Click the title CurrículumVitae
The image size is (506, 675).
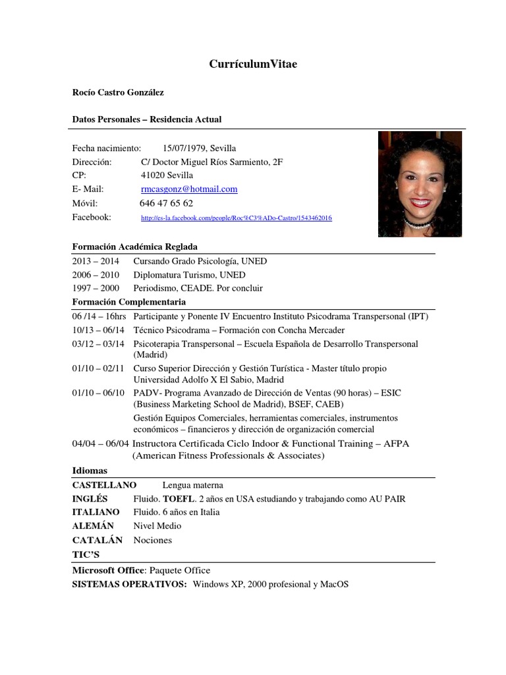coord(253,64)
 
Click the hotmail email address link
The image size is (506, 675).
coord(189,189)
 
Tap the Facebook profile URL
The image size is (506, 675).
coord(237,218)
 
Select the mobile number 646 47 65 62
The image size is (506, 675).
coord(166,203)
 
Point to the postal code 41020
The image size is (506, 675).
coord(154,175)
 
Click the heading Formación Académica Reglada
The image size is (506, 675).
coord(134,247)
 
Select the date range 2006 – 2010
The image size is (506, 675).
coord(96,275)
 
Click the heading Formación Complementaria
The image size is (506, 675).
coord(129,302)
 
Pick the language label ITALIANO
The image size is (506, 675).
coord(96,512)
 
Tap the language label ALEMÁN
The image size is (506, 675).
coord(93,526)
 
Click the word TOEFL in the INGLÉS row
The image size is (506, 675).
coord(179,498)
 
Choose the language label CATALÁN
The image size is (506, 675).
coord(98,540)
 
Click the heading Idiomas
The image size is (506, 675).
coord(89,471)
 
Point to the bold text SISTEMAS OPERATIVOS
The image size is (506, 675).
coord(129,584)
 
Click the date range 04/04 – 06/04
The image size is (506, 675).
coord(101,444)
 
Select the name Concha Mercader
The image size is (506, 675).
coord(310,330)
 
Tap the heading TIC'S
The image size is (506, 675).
coord(86,554)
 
